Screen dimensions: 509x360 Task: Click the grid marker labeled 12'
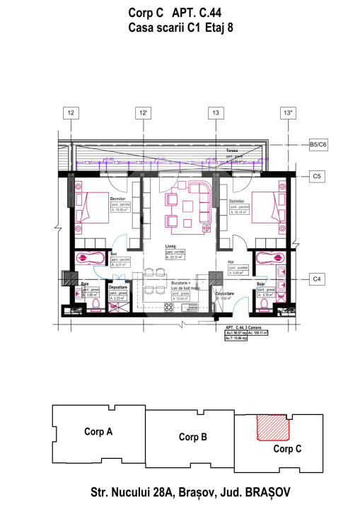click(144, 112)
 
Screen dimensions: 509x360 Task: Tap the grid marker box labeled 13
click(216, 112)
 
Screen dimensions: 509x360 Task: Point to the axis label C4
click(318, 280)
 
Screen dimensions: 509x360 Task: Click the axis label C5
click(318, 175)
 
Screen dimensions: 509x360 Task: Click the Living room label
click(170, 246)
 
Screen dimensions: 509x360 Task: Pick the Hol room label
click(231, 262)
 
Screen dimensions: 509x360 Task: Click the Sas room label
click(113, 253)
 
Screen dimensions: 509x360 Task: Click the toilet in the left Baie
click(94, 303)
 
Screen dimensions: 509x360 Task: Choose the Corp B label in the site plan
click(192, 436)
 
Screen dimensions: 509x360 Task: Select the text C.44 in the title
click(218, 12)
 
